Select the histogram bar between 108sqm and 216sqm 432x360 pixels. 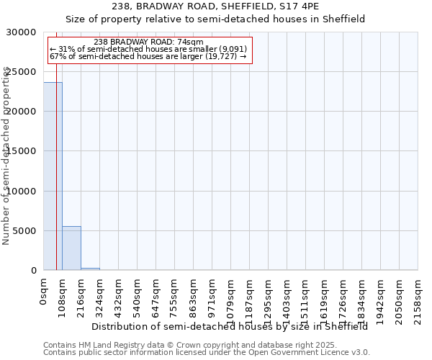coord(71,248)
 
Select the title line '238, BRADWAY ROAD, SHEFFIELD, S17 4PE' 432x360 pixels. coord(215,7)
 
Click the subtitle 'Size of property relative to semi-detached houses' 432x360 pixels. coord(215,19)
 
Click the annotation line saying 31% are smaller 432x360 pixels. coord(148,49)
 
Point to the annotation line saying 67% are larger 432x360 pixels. coord(148,56)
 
